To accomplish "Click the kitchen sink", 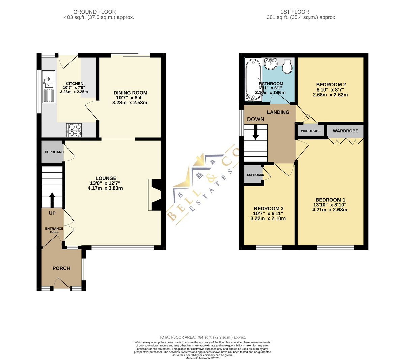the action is (48, 86).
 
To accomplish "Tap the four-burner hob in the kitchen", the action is (74, 130).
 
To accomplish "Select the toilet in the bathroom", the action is (287, 67).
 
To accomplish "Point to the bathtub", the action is (253, 80).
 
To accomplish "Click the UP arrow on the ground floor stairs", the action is (52, 200).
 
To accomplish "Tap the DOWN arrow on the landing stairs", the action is (255, 132).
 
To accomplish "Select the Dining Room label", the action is (130, 93).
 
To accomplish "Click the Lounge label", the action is (106, 178).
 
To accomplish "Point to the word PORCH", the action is (61, 268).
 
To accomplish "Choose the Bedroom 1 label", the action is (330, 200).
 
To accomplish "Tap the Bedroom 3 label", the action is (269, 209).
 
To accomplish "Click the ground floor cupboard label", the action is (54, 152).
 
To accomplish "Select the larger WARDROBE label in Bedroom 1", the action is (345, 131).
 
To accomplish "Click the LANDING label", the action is (278, 112).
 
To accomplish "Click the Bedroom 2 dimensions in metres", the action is (330, 95).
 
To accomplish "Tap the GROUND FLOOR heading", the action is (94, 12).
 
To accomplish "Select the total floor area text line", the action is (202, 337).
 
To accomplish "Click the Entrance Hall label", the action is (54, 230).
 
